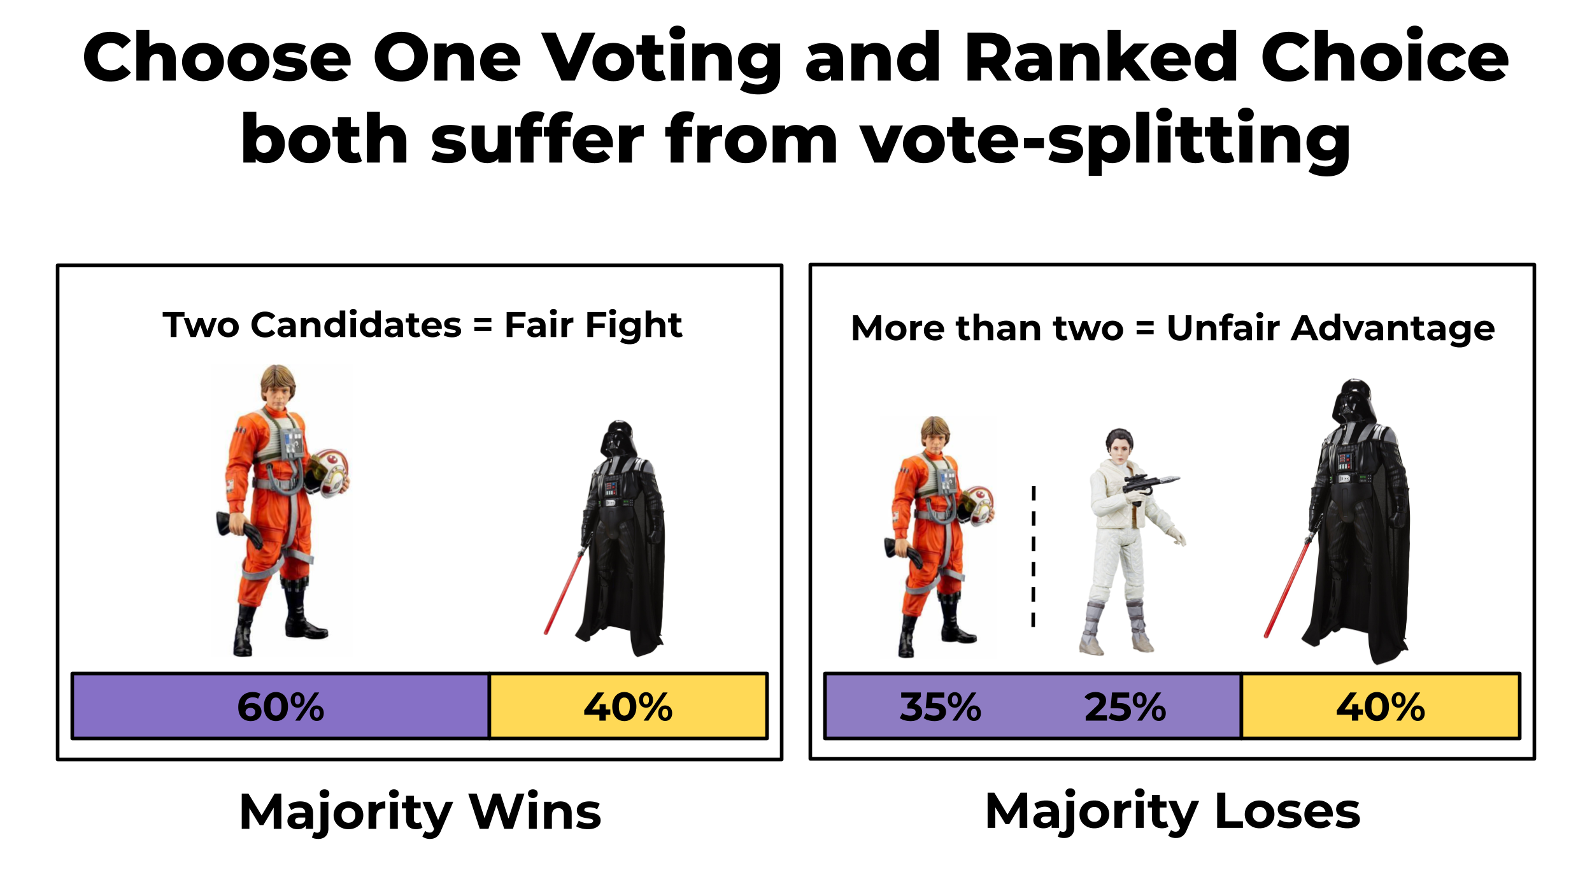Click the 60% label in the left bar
pos(280,707)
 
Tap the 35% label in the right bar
pos(940,707)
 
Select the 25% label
pos(1125,707)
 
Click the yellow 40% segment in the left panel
pos(628,707)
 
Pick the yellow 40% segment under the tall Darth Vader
pos(1380,707)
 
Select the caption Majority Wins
pos(420,812)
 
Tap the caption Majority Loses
pos(1172,812)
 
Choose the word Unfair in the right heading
pos(1223,328)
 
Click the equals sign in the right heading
pos(1144,329)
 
